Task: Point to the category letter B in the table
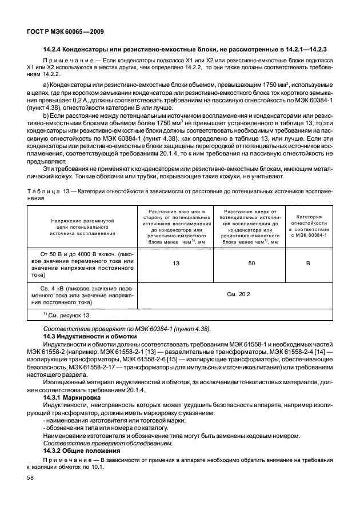point(309,264)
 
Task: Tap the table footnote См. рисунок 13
point(66,314)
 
